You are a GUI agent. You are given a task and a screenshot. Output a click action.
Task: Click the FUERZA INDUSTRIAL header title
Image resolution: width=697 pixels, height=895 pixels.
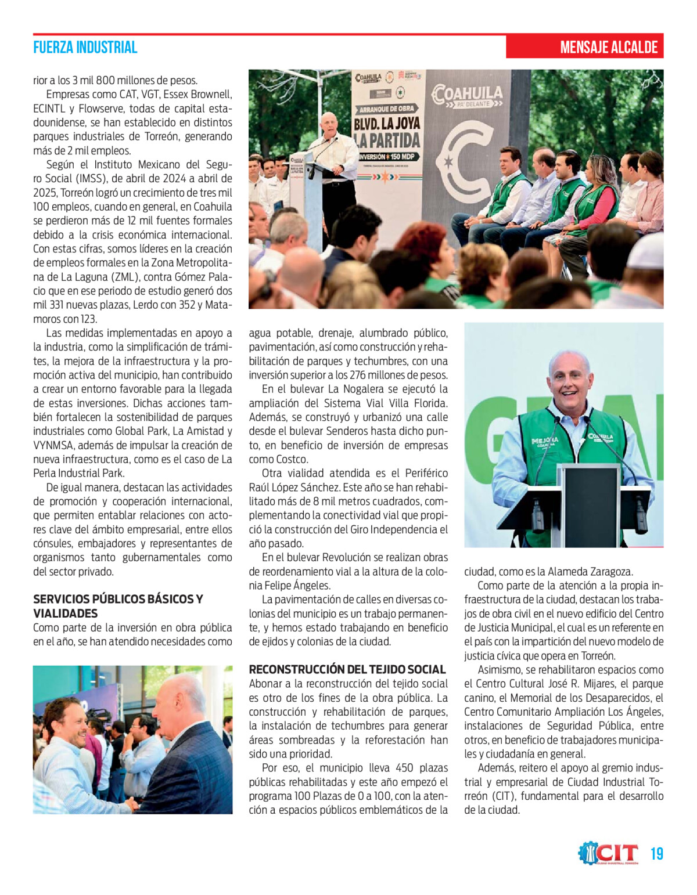(85, 48)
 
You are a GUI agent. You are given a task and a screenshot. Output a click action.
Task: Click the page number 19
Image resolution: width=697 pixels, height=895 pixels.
(656, 854)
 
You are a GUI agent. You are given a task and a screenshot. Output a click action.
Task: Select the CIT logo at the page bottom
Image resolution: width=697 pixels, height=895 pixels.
(609, 853)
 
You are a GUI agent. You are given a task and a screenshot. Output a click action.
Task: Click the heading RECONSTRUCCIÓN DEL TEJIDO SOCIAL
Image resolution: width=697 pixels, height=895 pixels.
(347, 669)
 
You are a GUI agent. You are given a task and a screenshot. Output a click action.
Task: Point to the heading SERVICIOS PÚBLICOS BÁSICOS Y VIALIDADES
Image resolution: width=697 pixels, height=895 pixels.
(118, 606)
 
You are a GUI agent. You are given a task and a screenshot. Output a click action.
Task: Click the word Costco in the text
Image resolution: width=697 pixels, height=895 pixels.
(292, 459)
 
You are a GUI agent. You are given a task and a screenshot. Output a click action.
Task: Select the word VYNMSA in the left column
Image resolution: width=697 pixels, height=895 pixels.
(53, 445)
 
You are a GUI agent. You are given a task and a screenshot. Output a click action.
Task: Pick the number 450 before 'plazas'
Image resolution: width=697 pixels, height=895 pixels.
(404, 768)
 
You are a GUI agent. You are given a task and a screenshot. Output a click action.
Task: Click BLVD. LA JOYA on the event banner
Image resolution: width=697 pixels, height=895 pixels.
(387, 124)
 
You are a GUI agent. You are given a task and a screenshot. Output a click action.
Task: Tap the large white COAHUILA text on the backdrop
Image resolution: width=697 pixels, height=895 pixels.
(467, 93)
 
